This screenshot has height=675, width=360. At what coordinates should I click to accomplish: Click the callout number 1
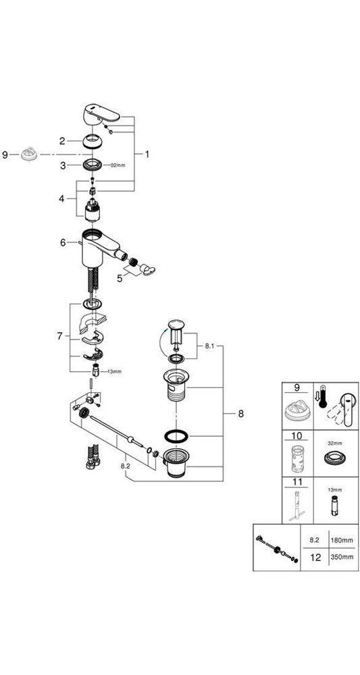(x=147, y=154)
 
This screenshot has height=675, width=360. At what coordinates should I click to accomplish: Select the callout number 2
(x=62, y=141)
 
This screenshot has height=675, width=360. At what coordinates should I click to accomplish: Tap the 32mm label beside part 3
(x=117, y=165)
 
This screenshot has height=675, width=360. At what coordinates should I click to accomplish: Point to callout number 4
(x=62, y=198)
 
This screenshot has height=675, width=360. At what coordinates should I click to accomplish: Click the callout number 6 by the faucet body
(x=63, y=243)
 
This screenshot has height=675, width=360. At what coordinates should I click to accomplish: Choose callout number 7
(x=60, y=336)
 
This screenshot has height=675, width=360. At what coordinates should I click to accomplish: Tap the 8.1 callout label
(x=208, y=345)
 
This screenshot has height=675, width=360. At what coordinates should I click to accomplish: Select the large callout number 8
(x=240, y=414)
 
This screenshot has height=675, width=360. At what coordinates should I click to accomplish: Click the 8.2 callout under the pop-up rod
(x=126, y=466)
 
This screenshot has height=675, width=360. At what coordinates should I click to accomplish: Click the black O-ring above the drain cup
(x=176, y=435)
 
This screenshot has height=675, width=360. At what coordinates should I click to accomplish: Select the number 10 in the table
(x=297, y=436)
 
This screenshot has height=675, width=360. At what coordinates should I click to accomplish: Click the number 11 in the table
(x=297, y=482)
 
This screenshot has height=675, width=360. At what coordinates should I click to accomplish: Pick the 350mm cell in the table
(x=342, y=557)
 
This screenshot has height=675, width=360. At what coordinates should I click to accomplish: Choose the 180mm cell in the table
(x=342, y=539)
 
